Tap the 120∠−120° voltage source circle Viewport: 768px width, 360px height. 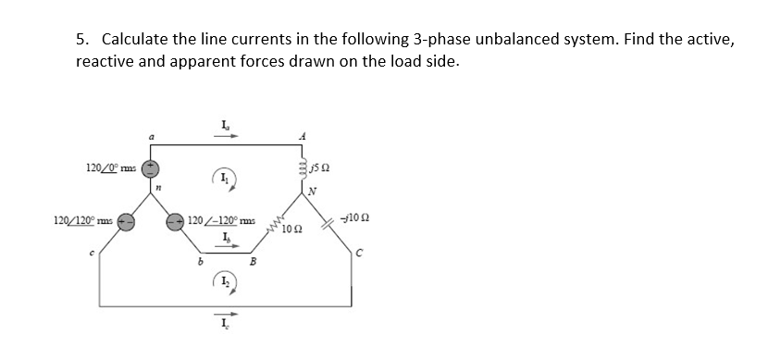click(x=175, y=222)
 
